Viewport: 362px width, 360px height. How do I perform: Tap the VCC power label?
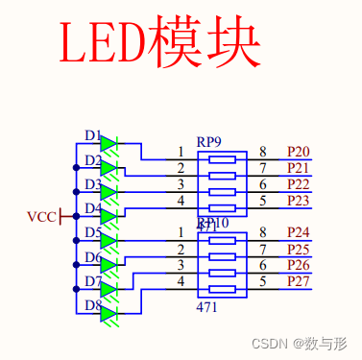click(42, 216)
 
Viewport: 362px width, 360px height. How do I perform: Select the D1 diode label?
click(92, 136)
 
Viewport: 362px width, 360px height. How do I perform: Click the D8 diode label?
click(92, 305)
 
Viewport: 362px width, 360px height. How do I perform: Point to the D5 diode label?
click(92, 233)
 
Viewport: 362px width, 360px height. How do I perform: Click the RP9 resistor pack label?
click(208, 141)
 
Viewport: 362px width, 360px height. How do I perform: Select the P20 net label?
click(298, 152)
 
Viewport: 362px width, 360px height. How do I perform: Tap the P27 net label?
click(298, 281)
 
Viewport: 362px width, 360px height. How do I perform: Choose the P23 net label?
click(298, 201)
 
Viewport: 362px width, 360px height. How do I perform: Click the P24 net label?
click(298, 232)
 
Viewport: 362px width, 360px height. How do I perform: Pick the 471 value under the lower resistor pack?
click(206, 307)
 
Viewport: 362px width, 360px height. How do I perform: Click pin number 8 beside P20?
click(263, 152)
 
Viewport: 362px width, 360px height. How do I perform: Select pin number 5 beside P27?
click(263, 281)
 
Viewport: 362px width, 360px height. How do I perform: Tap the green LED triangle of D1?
click(109, 145)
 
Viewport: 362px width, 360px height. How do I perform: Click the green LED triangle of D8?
click(109, 313)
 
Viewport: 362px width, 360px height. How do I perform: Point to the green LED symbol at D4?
click(109, 217)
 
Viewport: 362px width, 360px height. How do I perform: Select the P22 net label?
click(298, 184)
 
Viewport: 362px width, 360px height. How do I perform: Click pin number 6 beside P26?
click(263, 265)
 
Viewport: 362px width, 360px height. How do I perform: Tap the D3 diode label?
click(92, 184)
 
